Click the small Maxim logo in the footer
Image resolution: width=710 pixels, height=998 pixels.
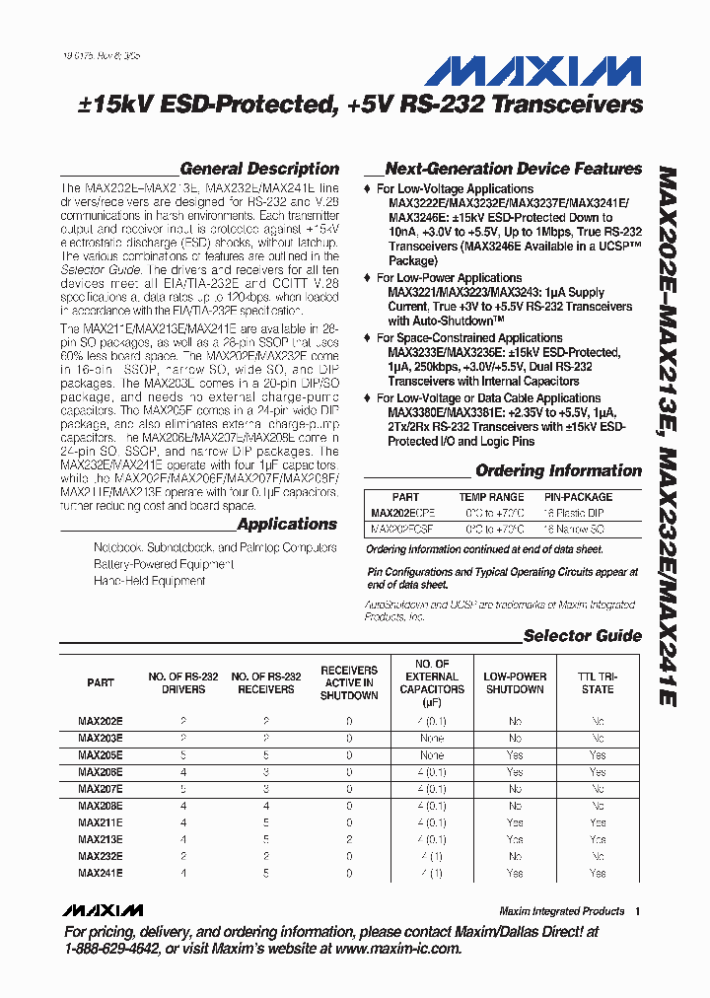102,910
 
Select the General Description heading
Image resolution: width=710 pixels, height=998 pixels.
259,169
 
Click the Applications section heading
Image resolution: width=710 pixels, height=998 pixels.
287,525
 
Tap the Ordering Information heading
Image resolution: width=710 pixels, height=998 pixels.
558,470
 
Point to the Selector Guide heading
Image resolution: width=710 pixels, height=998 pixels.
582,636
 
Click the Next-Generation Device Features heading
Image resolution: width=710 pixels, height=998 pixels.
513,169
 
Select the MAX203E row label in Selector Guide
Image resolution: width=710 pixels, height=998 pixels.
101,738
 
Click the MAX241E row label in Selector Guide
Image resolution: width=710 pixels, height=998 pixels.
101,873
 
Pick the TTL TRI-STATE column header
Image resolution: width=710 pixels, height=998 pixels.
597,682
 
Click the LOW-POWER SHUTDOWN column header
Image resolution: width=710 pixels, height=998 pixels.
515,682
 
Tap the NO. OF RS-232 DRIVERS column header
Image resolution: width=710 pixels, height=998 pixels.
183,682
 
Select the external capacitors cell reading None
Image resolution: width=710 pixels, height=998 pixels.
432,738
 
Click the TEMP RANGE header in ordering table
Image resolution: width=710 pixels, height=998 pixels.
491,497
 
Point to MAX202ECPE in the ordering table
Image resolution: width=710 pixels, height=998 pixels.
402,513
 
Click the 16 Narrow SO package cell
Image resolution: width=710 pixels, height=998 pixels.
585,529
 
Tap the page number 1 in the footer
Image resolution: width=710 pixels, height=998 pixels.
637,911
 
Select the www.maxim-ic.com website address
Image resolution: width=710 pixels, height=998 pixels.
397,949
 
